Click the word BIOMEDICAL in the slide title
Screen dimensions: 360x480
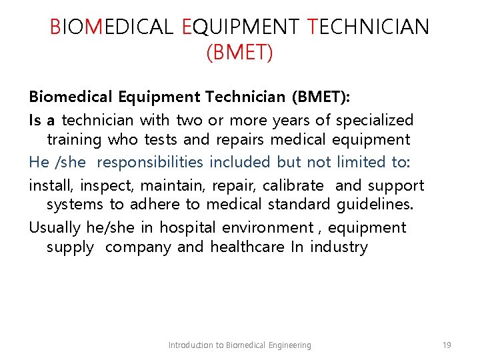[112, 27]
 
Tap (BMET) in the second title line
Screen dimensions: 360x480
[239, 52]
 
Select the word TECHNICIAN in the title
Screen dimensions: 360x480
[369, 27]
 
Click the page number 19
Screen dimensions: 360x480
[447, 345]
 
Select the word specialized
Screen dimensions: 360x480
[375, 121]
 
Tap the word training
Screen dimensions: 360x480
[74, 140]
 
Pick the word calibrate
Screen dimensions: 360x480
[293, 185]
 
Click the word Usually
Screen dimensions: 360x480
[55, 227]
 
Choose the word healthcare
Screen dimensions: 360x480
[247, 247]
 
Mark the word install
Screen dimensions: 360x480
[49, 185]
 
